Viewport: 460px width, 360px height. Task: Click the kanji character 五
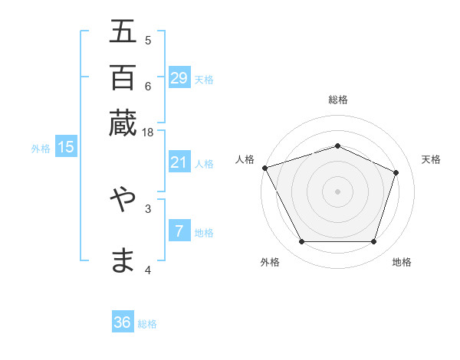(123, 32)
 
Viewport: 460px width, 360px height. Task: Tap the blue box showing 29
(179, 78)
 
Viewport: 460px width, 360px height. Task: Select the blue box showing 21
(179, 162)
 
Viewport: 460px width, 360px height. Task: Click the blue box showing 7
(179, 231)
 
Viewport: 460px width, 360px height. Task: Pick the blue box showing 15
(66, 148)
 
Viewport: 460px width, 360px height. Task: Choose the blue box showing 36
(123, 322)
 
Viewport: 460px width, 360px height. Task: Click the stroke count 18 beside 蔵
(147, 133)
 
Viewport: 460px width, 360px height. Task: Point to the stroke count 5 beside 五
(147, 40)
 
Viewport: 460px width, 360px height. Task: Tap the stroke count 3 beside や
(147, 208)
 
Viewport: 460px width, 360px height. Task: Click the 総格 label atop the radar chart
(337, 100)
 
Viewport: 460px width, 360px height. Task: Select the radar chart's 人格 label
(245, 159)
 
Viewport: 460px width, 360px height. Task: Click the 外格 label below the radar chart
(270, 262)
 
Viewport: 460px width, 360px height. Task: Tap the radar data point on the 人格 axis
(264, 168)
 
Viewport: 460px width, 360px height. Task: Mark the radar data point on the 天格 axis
(396, 172)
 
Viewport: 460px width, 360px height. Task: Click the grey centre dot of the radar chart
(337, 191)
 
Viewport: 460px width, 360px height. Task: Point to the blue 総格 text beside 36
(147, 324)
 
